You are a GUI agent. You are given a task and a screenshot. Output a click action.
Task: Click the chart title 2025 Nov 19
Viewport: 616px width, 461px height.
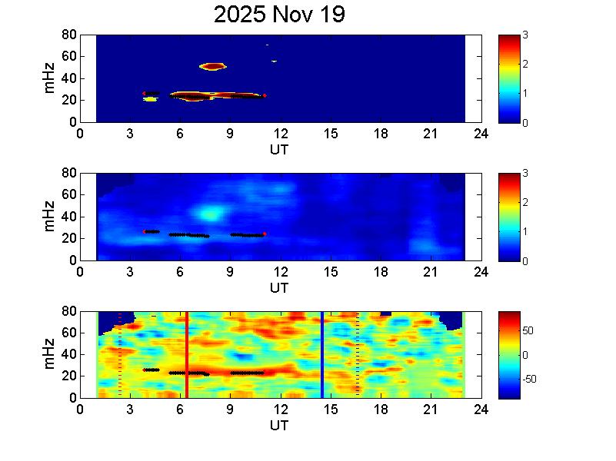(x=280, y=15)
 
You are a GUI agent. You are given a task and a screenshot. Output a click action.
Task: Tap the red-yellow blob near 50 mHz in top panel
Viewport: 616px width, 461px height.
(x=212, y=67)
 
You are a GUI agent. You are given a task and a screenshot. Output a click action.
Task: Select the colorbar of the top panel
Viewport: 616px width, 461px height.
(x=510, y=78)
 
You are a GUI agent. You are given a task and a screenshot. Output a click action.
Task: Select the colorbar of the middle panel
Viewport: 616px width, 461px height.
(x=510, y=217)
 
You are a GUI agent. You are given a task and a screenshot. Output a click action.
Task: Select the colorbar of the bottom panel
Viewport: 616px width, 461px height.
(x=510, y=354)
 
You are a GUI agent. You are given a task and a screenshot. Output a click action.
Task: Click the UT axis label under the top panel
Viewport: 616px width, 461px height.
(x=279, y=149)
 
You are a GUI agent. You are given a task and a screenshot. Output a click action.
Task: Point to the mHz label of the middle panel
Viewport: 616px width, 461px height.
(x=50, y=217)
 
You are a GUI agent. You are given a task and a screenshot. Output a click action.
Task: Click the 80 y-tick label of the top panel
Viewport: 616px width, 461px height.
(x=68, y=35)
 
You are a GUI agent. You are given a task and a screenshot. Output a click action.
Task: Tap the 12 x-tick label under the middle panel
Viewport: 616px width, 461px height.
(x=281, y=271)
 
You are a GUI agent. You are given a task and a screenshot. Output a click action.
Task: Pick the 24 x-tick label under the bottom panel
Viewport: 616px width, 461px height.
(x=481, y=409)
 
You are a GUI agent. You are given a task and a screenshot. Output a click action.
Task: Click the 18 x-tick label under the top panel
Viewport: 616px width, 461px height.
(x=381, y=133)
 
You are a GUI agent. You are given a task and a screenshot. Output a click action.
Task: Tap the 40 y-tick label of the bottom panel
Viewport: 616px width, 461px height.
(x=68, y=354)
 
